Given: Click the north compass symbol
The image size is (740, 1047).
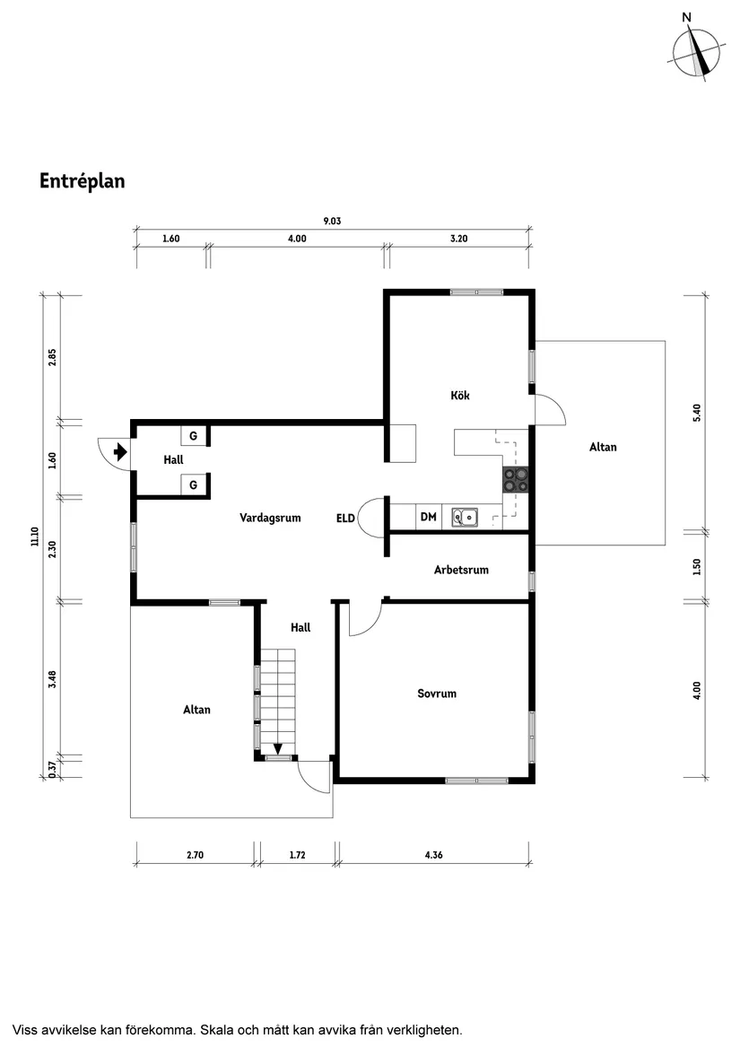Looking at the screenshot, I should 697,50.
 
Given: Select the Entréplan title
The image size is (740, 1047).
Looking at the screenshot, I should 82,181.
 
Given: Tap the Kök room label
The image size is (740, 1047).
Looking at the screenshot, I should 460,396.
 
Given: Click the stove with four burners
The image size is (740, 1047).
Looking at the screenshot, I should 516,480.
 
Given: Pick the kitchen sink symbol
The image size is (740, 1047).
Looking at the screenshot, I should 465,517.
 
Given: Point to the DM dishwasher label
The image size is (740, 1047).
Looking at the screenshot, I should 428,517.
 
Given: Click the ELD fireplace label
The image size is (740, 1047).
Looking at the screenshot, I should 345,518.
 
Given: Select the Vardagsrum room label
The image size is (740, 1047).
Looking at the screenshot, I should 270,518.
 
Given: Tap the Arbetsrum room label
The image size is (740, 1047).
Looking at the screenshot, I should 461,570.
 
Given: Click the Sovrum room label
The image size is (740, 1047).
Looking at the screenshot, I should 437,694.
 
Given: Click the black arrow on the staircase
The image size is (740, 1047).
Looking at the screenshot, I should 278,747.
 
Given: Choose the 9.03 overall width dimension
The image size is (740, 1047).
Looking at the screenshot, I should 332,221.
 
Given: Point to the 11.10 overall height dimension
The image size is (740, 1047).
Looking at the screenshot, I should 34,537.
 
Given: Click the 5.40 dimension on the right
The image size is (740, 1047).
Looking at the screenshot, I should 697,413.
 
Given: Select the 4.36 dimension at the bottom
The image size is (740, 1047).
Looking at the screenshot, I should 433,855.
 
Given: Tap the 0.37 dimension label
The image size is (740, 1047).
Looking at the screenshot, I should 52,769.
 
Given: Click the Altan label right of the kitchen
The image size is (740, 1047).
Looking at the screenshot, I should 603,447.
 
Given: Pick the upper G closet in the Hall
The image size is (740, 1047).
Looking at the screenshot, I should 192,436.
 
